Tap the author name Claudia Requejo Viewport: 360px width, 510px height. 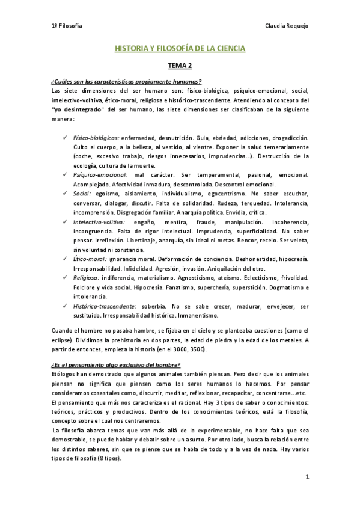[x=287, y=27]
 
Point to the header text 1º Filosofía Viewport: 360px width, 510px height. [x=67, y=27]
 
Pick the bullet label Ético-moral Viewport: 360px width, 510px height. [x=90, y=257]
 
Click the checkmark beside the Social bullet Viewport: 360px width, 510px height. [x=64, y=194]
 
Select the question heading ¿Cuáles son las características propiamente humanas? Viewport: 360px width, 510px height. [x=126, y=82]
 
